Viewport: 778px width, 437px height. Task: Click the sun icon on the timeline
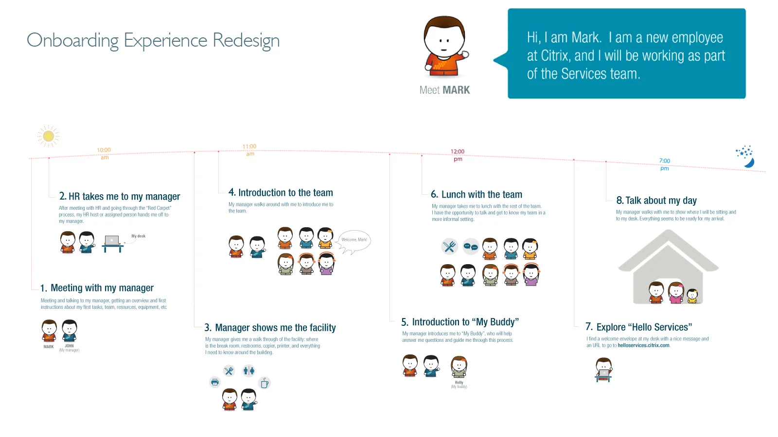coord(49,136)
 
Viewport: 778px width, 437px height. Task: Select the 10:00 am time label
coord(104,153)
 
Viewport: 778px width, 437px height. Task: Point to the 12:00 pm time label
coord(458,155)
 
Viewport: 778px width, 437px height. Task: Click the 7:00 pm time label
coord(664,164)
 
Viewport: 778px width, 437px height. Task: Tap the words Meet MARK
coord(444,90)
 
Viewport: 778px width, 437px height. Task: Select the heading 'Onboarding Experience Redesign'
coord(153,40)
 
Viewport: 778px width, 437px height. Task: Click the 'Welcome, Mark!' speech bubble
coord(354,240)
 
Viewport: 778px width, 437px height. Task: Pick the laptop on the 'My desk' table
coord(112,240)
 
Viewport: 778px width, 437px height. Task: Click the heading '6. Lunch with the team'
coord(477,195)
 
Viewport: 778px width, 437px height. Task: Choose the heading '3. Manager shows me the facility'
coord(270,328)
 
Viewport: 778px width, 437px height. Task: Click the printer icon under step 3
coord(215,382)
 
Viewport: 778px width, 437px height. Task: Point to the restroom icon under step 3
coord(249,371)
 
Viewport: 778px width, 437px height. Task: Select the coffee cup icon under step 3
coord(265,383)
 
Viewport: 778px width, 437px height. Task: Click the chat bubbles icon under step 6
coord(471,247)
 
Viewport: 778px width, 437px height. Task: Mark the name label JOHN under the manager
coord(70,346)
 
